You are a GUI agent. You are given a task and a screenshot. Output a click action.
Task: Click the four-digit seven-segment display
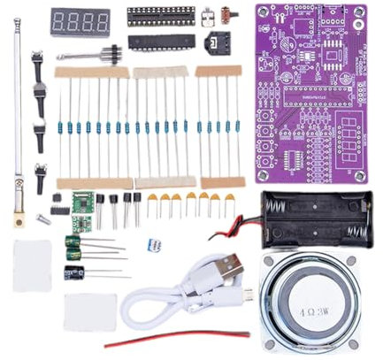(80, 20)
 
